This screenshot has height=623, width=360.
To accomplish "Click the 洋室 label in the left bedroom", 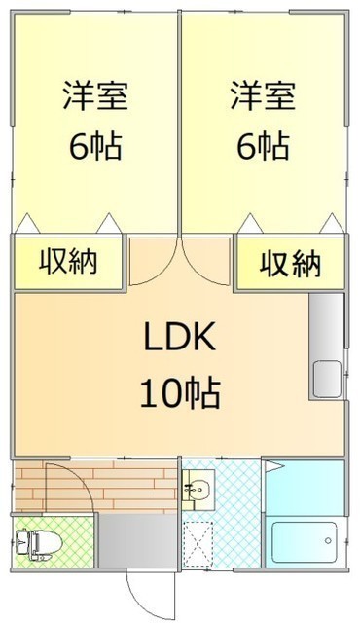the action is (95, 95).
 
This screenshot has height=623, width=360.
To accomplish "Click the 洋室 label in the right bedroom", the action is (263, 95).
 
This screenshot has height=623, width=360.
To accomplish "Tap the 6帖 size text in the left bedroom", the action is (95, 145).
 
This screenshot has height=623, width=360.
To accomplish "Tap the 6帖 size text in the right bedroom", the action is (263, 145).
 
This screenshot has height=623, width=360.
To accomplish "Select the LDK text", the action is (180, 337).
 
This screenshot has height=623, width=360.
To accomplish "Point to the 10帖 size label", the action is (180, 393).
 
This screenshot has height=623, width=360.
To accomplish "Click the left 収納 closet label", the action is (68, 262).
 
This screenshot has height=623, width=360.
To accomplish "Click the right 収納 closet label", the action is (291, 264).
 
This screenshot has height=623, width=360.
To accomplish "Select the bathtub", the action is (305, 543).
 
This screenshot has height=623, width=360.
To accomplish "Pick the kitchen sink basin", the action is (327, 379).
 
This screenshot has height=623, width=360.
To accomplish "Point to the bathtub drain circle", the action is (328, 541).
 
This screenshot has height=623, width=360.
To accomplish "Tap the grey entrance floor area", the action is (137, 541).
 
